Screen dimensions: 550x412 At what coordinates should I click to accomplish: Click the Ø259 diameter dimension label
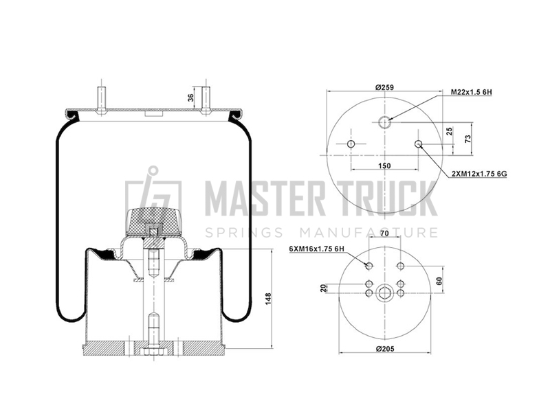click(384, 87)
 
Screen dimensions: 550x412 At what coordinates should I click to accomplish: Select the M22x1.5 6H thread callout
click(471, 93)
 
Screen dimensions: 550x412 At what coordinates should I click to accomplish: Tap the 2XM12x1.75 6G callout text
click(479, 174)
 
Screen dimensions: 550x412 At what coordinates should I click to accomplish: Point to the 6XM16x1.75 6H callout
click(316, 249)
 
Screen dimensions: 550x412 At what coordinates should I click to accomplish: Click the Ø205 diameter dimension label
click(385, 349)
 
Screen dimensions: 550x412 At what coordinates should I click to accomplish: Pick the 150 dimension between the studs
click(384, 165)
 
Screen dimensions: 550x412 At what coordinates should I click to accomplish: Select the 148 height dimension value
click(268, 299)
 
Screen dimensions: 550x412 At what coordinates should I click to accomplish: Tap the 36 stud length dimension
click(191, 98)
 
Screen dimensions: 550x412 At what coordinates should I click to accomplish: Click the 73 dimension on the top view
click(467, 139)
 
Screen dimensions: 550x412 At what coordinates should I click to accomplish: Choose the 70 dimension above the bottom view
click(384, 233)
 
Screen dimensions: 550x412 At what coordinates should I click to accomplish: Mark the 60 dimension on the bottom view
click(439, 281)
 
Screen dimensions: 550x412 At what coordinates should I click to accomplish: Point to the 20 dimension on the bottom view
click(323, 288)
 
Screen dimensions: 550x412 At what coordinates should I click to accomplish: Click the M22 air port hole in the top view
click(384, 122)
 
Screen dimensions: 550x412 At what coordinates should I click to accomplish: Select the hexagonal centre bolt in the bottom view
click(384, 293)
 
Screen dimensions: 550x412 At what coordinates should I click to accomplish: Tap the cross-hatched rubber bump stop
click(153, 221)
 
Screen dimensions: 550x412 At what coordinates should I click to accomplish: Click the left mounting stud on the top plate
click(101, 100)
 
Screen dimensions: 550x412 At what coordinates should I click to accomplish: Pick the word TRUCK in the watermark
click(386, 198)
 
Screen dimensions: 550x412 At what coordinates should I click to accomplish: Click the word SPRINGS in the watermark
click(244, 232)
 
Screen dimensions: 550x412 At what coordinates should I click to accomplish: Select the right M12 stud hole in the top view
click(418, 144)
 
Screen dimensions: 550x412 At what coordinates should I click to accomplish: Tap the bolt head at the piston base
click(153, 351)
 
